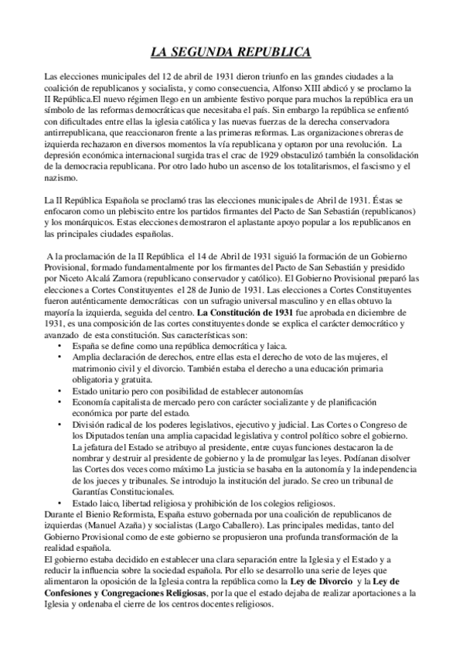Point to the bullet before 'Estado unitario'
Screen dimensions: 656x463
pyautogui.click(x=62, y=391)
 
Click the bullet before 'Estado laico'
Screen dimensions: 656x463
pyautogui.click(x=62, y=503)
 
